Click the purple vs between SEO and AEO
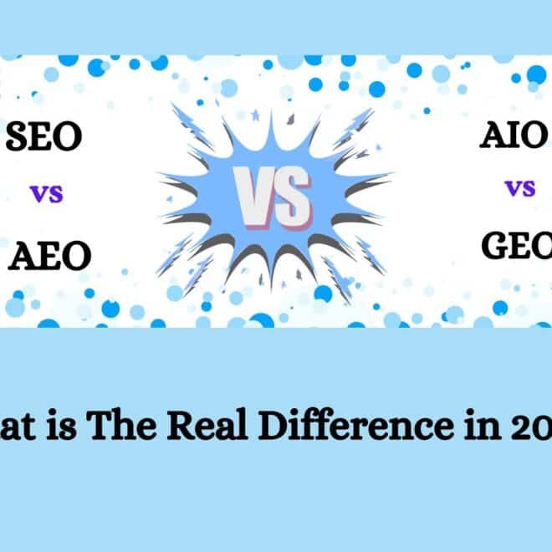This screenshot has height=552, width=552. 46,196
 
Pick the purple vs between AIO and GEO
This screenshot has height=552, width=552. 519,187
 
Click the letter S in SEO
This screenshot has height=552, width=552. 18,137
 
